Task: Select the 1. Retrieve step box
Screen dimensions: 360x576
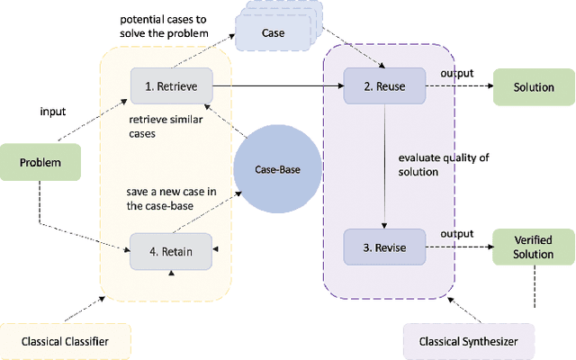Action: [x=171, y=86]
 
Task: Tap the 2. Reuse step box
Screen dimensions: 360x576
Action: [x=384, y=86]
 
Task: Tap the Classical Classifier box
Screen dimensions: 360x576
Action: [x=66, y=340]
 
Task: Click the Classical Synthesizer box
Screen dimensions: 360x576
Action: [x=469, y=341]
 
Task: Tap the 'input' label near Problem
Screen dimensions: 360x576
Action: [x=52, y=112]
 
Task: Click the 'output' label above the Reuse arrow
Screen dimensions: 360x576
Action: [x=457, y=73]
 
